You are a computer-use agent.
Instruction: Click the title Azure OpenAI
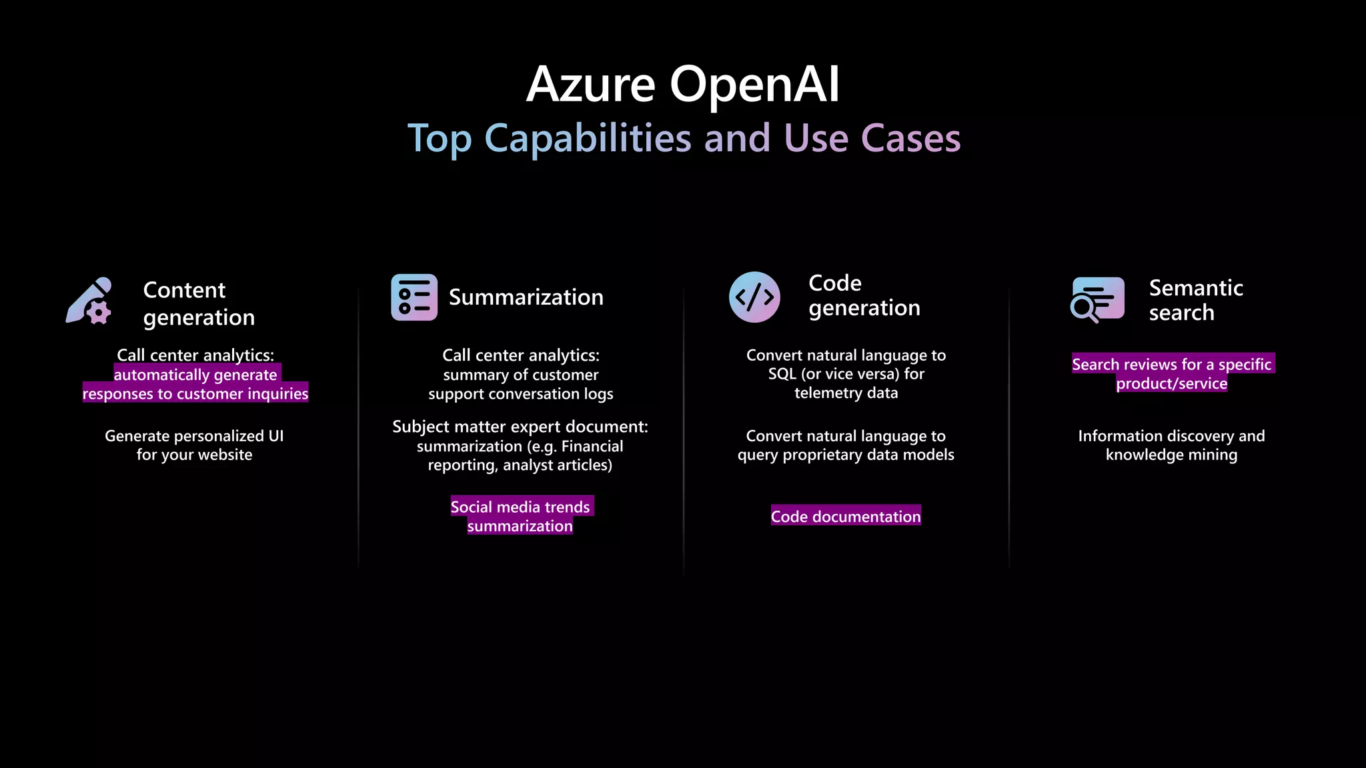pyautogui.click(x=682, y=85)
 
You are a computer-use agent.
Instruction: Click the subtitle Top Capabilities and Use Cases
pyautogui.click(x=684, y=139)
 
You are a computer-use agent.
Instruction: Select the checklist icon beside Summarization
pyautogui.click(x=414, y=297)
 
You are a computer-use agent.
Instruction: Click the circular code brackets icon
pyautogui.click(x=754, y=297)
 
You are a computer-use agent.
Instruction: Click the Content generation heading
pyautogui.click(x=199, y=303)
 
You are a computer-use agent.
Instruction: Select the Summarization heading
pyautogui.click(x=526, y=297)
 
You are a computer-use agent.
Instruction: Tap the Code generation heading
pyautogui.click(x=864, y=295)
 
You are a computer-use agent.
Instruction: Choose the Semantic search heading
pyautogui.click(x=1195, y=300)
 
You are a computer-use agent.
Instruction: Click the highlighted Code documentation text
pyautogui.click(x=846, y=516)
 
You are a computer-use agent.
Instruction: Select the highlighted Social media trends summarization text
pyautogui.click(x=520, y=516)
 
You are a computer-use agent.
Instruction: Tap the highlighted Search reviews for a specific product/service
pyautogui.click(x=1172, y=373)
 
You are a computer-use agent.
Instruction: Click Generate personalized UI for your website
pyautogui.click(x=194, y=445)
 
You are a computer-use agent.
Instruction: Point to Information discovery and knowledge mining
pyautogui.click(x=1171, y=445)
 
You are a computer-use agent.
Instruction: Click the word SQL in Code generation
pyautogui.click(x=782, y=374)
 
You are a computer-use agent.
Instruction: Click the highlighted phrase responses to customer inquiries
pyautogui.click(x=195, y=393)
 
